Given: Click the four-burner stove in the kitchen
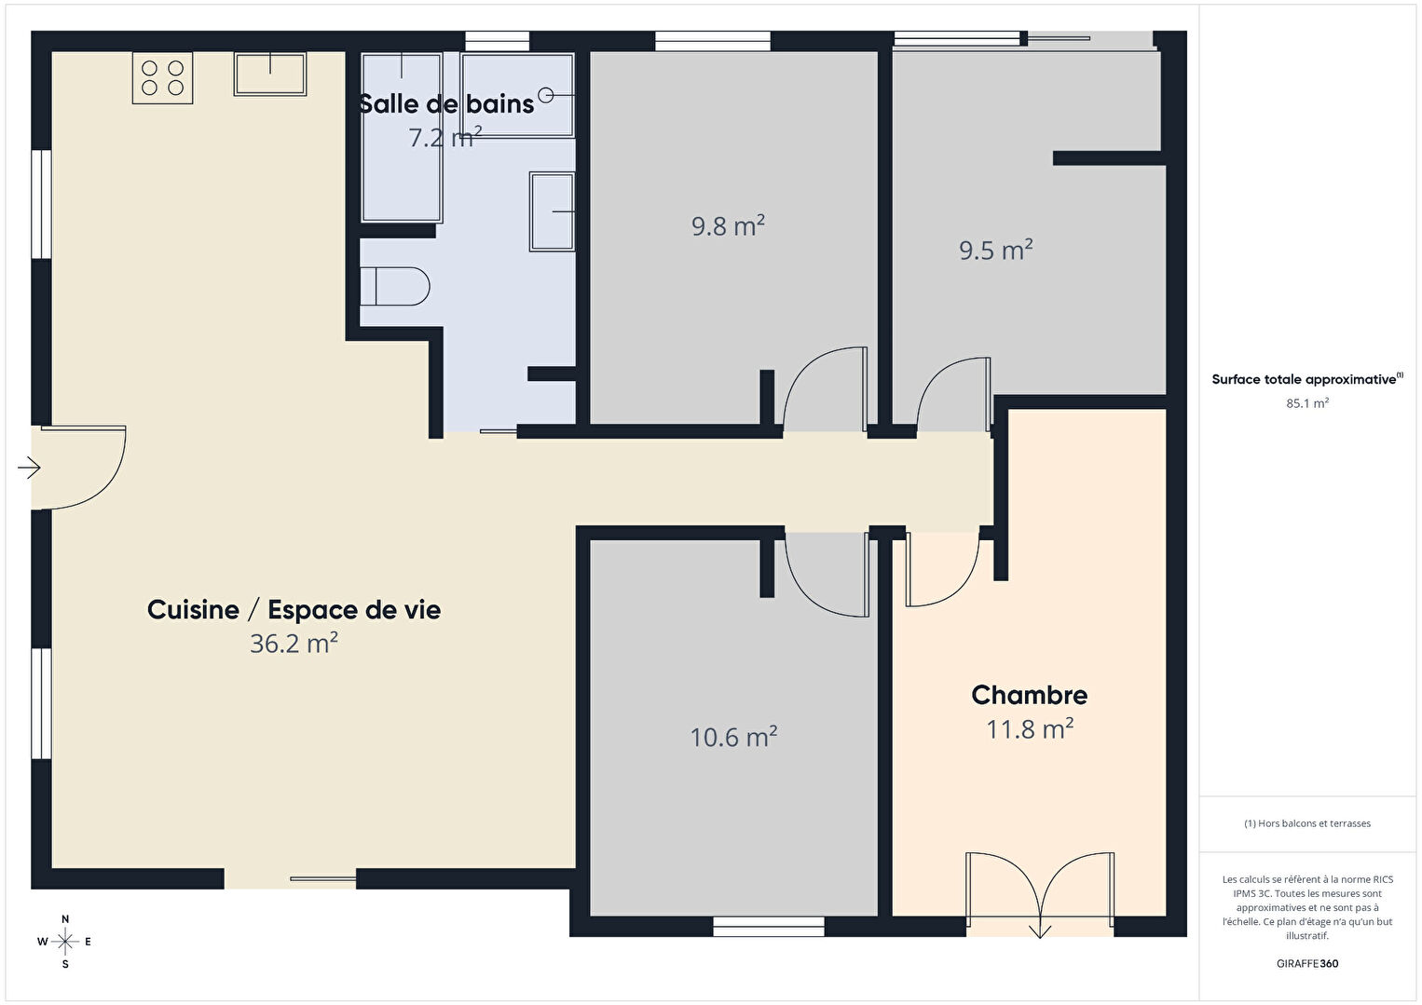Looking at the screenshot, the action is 162,77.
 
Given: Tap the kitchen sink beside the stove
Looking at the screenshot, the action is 270,74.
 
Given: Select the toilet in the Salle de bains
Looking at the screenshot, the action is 394,286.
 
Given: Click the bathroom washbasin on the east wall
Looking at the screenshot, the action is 553,211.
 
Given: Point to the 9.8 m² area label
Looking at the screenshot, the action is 728,226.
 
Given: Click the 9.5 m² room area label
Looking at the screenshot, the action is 995,250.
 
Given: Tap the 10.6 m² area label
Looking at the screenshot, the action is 733,737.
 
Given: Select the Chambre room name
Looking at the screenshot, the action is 1029,695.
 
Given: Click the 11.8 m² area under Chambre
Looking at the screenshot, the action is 1029,728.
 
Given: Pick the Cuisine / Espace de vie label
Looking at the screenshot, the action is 294,610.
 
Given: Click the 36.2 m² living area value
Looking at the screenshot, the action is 294,644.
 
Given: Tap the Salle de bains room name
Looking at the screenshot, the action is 446,104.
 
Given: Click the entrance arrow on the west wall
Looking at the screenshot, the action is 29,469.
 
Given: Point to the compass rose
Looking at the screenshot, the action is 64,942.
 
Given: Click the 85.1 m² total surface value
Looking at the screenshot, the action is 1307,403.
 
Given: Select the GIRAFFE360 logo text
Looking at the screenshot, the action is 1307,963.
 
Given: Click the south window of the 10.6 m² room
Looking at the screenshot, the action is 768,927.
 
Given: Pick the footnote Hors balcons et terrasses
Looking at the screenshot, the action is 1307,823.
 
